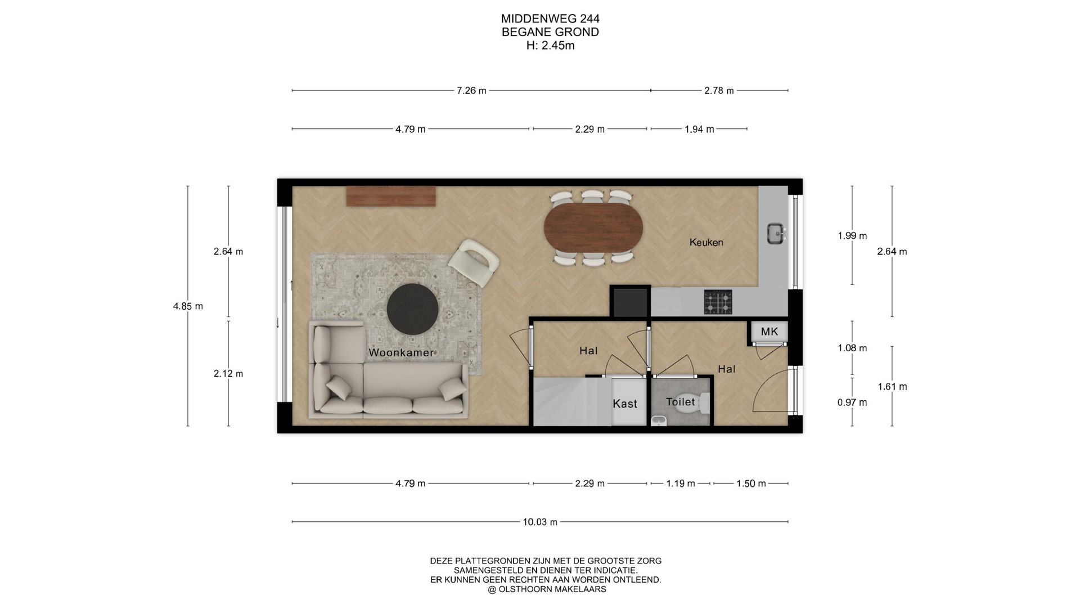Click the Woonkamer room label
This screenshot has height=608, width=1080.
pos(401,353)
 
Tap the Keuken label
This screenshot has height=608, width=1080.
pos(706,242)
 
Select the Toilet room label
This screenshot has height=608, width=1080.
pos(681,402)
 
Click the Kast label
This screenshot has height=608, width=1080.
pos(625,404)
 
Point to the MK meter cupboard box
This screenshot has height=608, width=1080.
pos(769,332)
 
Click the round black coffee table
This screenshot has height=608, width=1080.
pos(412,309)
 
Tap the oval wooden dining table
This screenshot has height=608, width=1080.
pos(593,227)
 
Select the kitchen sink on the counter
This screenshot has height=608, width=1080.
pos(777,233)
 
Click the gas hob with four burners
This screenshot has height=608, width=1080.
pos(718,302)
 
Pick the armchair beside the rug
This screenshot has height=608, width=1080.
pos(474,262)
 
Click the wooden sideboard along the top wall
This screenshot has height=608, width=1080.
pos(391,196)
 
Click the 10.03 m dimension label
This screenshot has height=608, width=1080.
pos(540,522)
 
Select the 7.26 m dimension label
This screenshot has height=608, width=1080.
pos(471,91)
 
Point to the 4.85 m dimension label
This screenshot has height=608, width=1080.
pos(188,306)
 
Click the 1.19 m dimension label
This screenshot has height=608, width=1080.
pos(681,484)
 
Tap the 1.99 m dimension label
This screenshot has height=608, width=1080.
pos(852,236)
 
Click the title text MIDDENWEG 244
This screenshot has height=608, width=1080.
pos(550,19)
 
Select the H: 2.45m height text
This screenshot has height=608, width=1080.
pos(550,46)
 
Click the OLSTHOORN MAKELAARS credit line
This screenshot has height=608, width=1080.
pos(547,589)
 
